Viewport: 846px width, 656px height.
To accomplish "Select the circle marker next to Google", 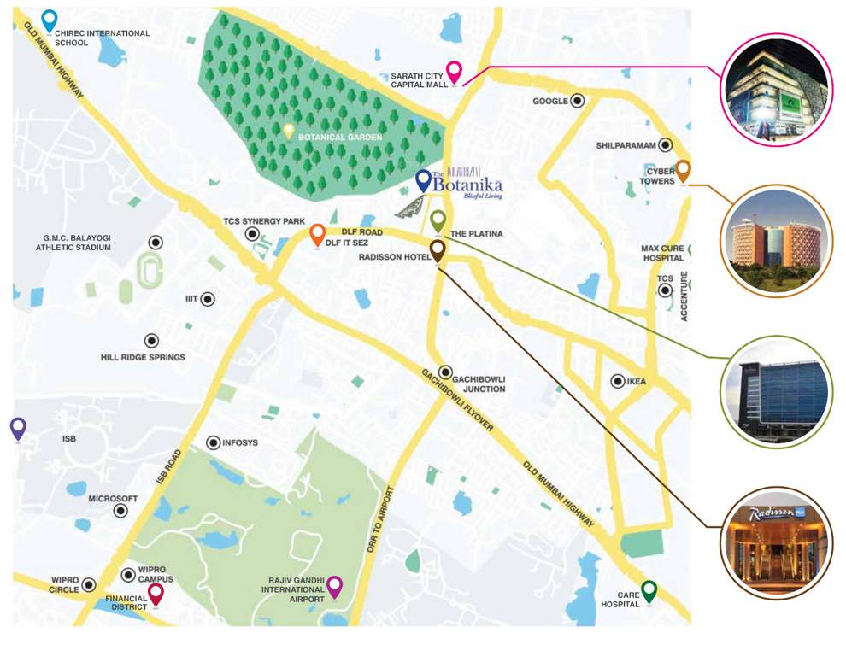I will click(x=578, y=101).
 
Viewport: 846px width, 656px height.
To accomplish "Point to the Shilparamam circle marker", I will click(x=665, y=145).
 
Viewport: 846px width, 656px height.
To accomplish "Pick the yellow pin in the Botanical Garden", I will click(x=289, y=131).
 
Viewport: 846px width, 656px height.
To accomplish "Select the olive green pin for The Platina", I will click(x=438, y=221).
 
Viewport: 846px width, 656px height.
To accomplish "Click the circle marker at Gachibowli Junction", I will click(x=445, y=372).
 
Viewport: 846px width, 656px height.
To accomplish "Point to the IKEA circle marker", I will click(x=617, y=381).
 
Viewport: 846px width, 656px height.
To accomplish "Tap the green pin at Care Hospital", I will click(x=649, y=589).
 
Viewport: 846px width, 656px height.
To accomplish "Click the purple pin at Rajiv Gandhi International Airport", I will click(x=334, y=586).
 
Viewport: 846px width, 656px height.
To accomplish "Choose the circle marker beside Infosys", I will click(x=213, y=442).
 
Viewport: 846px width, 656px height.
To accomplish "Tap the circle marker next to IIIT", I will click(x=208, y=299).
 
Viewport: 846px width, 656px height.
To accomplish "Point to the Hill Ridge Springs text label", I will click(x=143, y=357).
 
